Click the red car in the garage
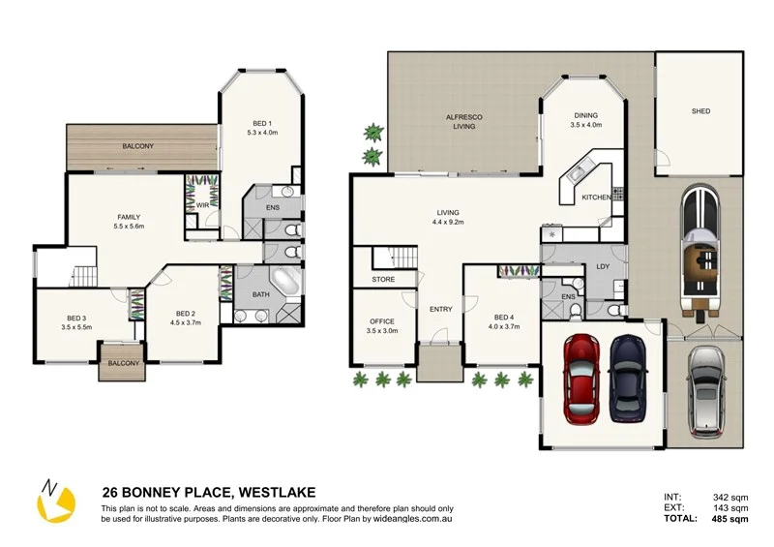582,379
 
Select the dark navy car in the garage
628,379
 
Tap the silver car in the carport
706,392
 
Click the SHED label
700,111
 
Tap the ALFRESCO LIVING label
464,122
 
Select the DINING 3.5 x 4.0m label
586,120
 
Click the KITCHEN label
596,198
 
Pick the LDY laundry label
603,266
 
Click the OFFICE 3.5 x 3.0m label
382,326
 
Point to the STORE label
383,279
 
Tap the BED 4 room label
503,321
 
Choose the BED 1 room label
262,128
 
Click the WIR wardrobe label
202,205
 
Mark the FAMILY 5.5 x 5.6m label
129,222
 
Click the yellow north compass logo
56,501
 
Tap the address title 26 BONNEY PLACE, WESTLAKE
209,493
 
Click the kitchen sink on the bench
577,171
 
